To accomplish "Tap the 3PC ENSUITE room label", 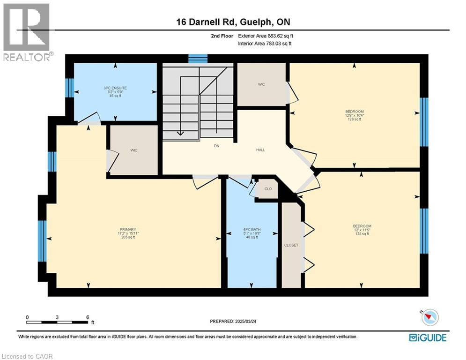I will (x=116, y=88).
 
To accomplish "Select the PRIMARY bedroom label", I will (x=127, y=229).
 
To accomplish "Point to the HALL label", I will (x=260, y=150).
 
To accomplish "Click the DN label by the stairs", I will (x=216, y=146).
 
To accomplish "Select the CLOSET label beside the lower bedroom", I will (x=291, y=245).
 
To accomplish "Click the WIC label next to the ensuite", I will (x=133, y=150).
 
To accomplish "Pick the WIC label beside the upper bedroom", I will (x=261, y=84).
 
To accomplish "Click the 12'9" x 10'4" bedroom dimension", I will (x=354, y=115).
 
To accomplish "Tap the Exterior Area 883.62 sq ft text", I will (x=266, y=36).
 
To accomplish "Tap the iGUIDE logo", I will (x=427, y=337).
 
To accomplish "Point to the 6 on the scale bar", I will (x=88, y=317).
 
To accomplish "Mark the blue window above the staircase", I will (x=198, y=59).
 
